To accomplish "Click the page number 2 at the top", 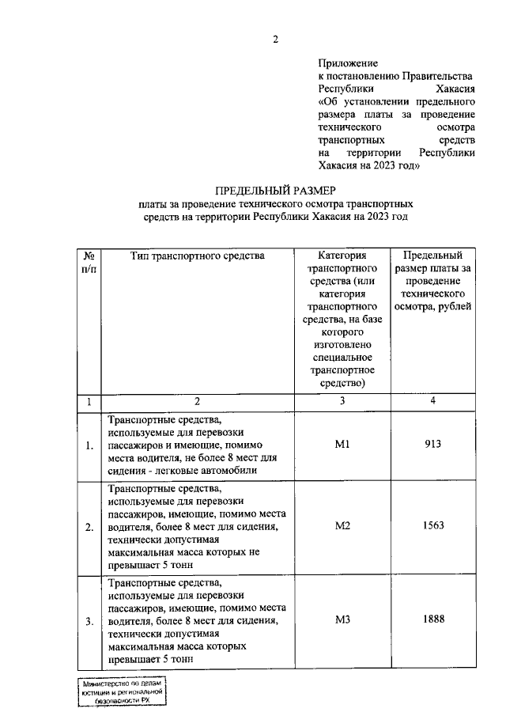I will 276,39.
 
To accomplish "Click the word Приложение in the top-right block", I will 348,63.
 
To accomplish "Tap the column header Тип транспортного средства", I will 197,256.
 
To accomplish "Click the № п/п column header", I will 90,263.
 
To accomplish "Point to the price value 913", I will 432,445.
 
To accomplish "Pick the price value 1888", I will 432,619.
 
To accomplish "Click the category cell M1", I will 342,445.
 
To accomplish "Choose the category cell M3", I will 342,619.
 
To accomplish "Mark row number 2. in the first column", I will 90,527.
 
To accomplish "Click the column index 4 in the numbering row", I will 432,401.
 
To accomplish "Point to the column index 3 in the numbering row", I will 342,401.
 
